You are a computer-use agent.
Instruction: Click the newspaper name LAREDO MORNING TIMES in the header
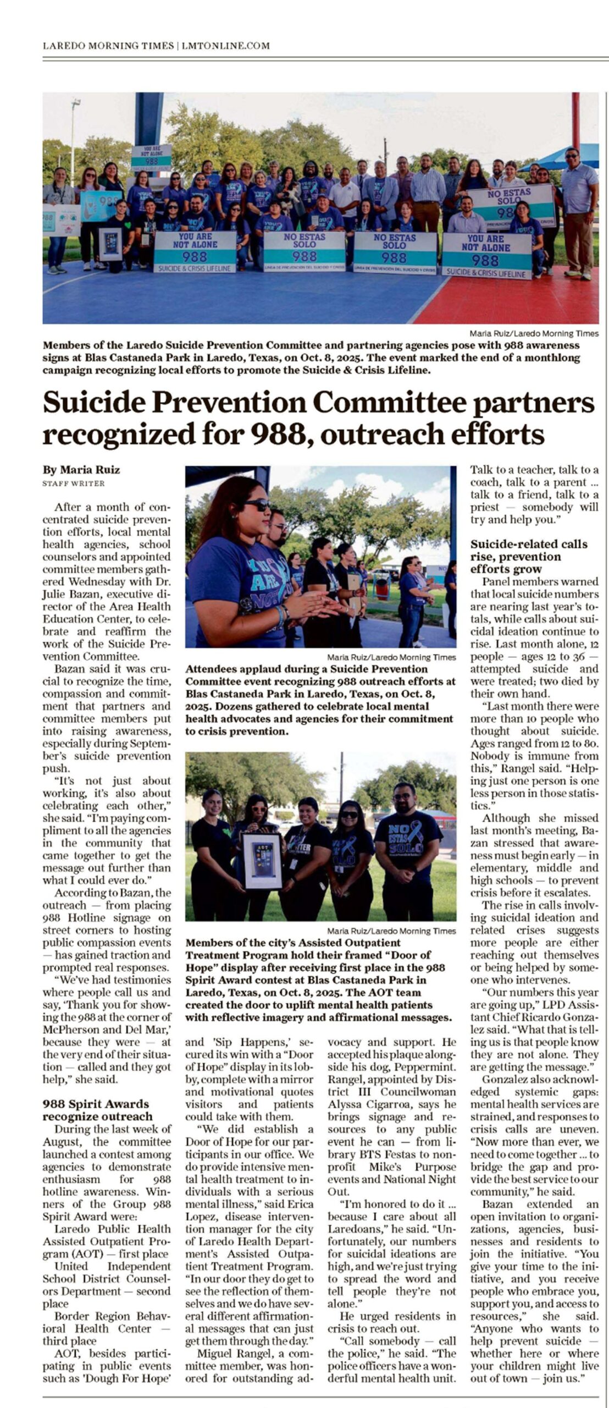(108, 46)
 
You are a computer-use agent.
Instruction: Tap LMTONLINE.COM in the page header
(225, 46)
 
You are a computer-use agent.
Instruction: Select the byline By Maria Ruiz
(81, 470)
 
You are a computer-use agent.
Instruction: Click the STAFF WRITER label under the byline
(73, 483)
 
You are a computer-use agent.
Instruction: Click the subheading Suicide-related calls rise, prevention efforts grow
(528, 556)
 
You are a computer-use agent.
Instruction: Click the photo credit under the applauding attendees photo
(391, 657)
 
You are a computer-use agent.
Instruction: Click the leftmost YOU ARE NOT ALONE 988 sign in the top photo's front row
(195, 252)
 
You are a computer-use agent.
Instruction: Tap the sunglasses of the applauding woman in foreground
(256, 505)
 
